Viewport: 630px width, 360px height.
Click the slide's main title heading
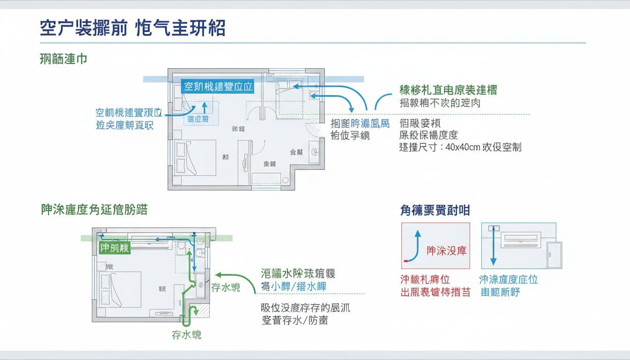[133, 29]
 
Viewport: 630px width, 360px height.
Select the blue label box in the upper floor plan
[217, 87]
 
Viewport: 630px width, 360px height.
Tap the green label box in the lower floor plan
[114, 248]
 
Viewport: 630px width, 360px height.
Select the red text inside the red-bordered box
[446, 251]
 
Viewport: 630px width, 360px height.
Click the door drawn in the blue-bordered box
[554, 255]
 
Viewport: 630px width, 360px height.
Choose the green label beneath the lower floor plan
[187, 335]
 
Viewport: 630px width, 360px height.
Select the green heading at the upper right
[448, 90]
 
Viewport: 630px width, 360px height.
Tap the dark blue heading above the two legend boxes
[435, 210]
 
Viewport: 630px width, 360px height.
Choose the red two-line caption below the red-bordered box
[435, 286]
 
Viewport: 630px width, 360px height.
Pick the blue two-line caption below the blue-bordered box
[508, 286]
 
